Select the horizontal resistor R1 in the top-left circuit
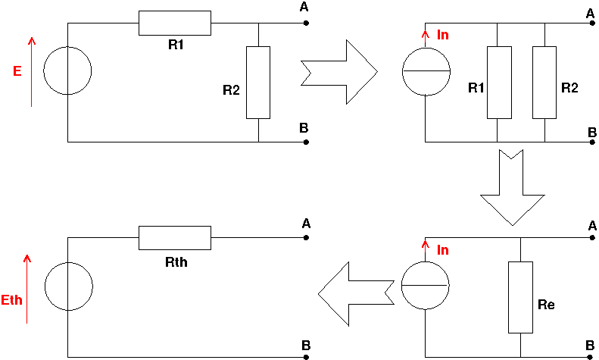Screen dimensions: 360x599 (x=175, y=23)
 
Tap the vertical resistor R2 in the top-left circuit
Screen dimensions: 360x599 (x=258, y=82)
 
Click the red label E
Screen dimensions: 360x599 (x=17, y=70)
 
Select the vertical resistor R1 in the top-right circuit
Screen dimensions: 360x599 (x=499, y=82)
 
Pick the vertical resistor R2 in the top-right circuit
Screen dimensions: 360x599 (x=545, y=82)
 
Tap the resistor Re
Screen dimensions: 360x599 (x=520, y=297)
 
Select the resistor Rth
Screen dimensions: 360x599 (x=175, y=238)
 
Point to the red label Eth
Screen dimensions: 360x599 (x=12, y=300)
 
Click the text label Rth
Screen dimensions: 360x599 (x=176, y=265)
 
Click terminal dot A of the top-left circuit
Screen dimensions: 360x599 (x=306, y=23)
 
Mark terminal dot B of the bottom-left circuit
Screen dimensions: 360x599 (x=306, y=356)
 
